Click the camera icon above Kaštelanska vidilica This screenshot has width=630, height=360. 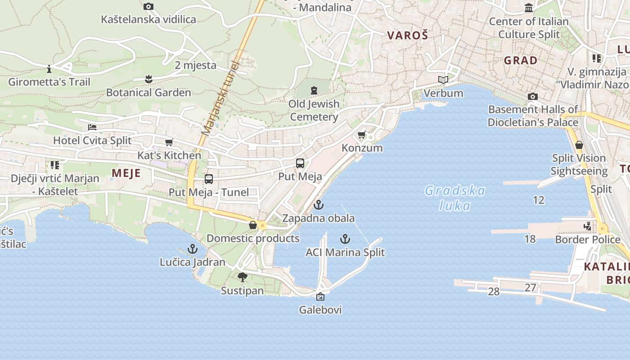click(148, 6)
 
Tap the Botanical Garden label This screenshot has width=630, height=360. click(148, 93)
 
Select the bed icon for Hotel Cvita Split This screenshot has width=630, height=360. click(92, 127)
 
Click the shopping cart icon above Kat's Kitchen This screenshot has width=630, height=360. click(169, 143)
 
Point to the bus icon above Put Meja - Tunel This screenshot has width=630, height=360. click(209, 179)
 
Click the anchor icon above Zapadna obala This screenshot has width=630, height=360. click(319, 205)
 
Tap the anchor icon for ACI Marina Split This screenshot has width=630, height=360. click(345, 239)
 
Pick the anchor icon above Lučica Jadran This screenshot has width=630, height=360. click(193, 248)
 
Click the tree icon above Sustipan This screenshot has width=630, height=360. click(243, 277)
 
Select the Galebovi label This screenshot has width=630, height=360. click(320, 310)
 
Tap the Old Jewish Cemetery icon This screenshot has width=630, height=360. click(314, 90)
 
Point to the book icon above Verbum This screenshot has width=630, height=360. click(443, 80)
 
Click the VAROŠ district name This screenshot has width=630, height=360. click(407, 36)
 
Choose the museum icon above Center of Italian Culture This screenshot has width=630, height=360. click(529, 8)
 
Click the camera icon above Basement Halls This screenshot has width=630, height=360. click(533, 96)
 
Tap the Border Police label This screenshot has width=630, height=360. click(588, 239)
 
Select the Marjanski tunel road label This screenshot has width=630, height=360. click(219, 98)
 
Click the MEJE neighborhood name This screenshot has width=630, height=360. click(126, 173)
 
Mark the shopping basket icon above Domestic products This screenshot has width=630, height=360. click(253, 225)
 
